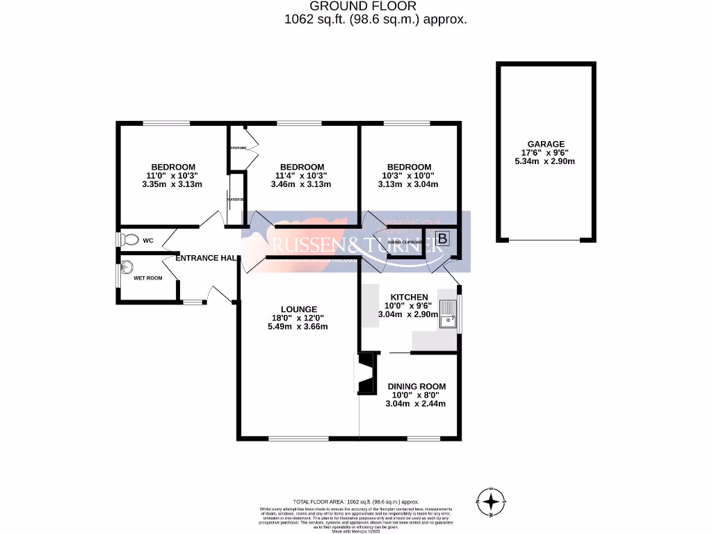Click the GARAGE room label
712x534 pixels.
tap(545, 144)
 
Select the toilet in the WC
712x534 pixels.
tap(129, 240)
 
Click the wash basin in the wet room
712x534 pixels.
tap(127, 266)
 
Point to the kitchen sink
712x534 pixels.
tap(450, 316)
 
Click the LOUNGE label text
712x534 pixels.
tap(299, 309)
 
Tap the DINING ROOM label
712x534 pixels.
tap(416, 387)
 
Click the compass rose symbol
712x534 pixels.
tap(492, 501)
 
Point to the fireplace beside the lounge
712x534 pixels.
tap(366, 373)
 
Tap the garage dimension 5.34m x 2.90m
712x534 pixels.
tap(545, 161)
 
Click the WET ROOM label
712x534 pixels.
tap(148, 278)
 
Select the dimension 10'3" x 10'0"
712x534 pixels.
tap(409, 176)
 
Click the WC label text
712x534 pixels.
tap(147, 241)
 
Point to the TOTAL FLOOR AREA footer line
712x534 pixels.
tap(356, 501)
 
